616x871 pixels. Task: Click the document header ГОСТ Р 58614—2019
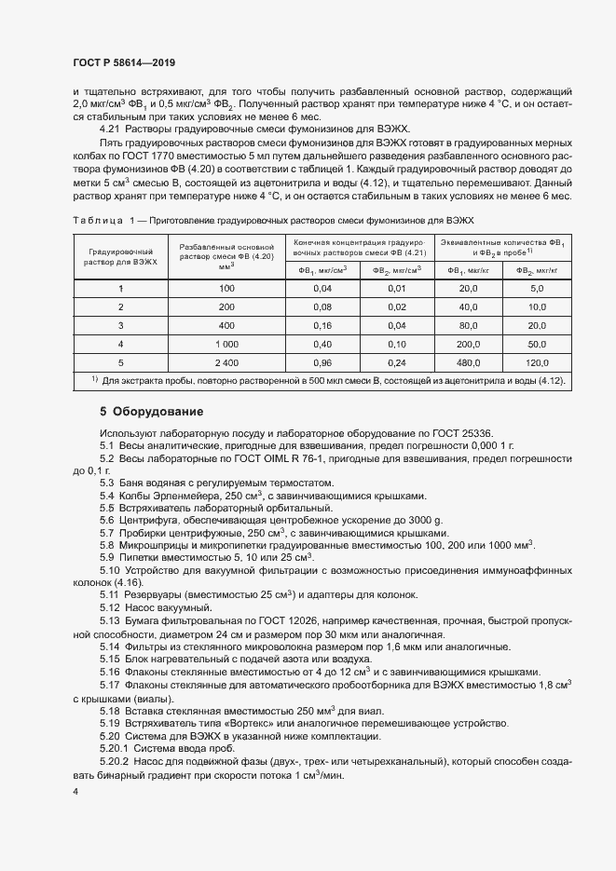(x=124, y=62)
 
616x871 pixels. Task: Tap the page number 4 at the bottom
(x=75, y=791)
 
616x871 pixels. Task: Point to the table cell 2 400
(x=226, y=362)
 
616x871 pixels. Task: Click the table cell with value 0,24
(x=397, y=362)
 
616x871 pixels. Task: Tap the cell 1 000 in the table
(x=226, y=344)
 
